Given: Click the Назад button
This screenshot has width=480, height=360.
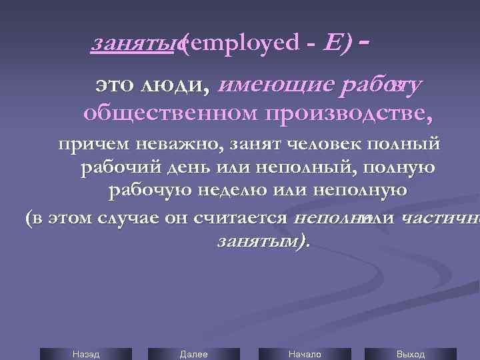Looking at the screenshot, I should point(85,354).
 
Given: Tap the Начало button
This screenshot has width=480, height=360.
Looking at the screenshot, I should point(305,354).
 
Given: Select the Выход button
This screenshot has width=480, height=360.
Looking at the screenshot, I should point(410,354).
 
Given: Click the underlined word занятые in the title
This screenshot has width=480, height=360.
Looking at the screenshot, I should point(137,44).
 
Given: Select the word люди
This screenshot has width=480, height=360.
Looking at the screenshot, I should point(174,85).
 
